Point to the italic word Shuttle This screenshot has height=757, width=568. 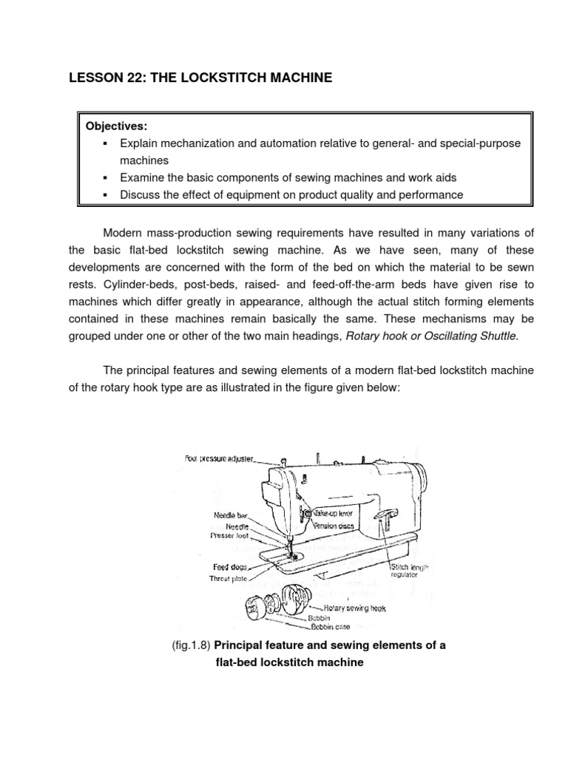496,336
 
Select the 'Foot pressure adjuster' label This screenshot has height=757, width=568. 219,458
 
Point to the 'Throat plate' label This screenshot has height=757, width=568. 228,579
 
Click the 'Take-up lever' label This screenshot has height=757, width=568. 335,512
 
